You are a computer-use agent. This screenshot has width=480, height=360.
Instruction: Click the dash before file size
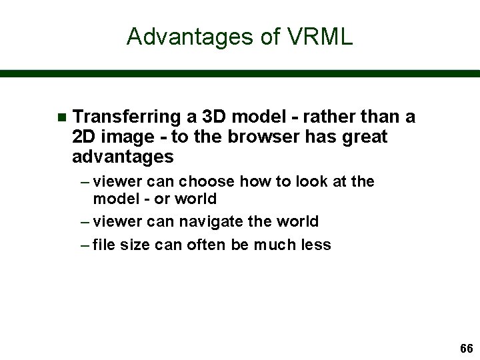(83, 245)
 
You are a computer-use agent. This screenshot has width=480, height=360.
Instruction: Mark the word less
(315, 245)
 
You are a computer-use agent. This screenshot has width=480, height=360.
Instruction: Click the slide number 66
(466, 349)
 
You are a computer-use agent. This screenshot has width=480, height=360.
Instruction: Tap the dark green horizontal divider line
(240, 73)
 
